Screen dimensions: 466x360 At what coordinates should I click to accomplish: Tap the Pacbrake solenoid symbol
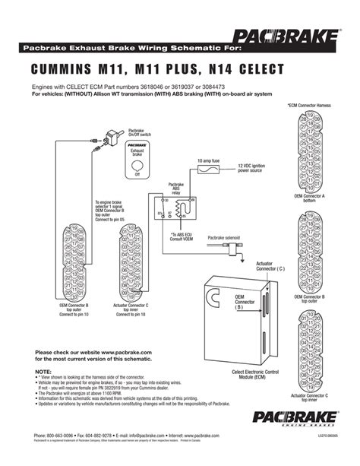point(244,245)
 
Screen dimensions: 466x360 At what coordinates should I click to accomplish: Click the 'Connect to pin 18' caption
point(130,314)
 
